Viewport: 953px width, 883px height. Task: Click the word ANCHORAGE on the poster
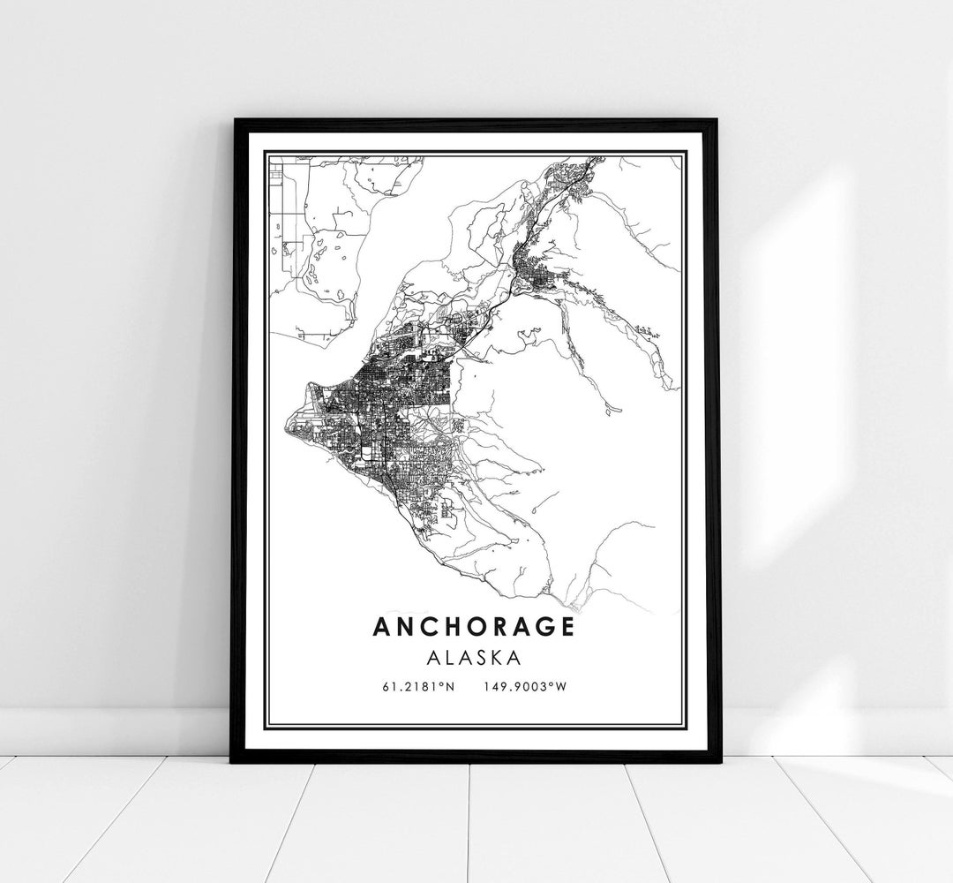(474, 626)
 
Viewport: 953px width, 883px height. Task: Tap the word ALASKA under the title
(475, 658)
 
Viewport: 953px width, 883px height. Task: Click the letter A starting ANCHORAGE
(381, 626)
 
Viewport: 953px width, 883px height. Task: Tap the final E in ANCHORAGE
(567, 626)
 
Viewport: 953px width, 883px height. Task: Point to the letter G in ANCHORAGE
(544, 626)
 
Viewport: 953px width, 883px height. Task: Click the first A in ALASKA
(435, 658)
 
